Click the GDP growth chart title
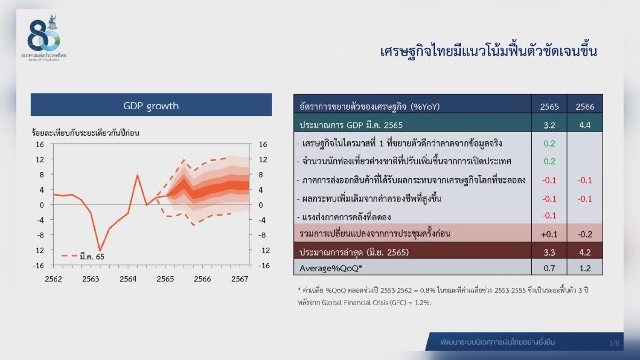[x=151, y=106]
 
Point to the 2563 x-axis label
[x=91, y=279]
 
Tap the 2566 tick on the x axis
[x=203, y=279]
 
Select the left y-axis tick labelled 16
[x=40, y=144]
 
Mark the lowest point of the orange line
[x=100, y=251]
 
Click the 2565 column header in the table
[x=549, y=106]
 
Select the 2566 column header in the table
[x=585, y=106]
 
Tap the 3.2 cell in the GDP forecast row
[x=549, y=125]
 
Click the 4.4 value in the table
[x=585, y=125]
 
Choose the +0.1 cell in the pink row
[x=549, y=234]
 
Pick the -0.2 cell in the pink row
[x=585, y=234]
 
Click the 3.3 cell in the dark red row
[x=549, y=252]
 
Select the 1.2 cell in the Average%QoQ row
[x=585, y=268]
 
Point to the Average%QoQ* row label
[x=331, y=268]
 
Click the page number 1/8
[x=614, y=343]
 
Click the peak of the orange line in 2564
[x=137, y=175]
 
